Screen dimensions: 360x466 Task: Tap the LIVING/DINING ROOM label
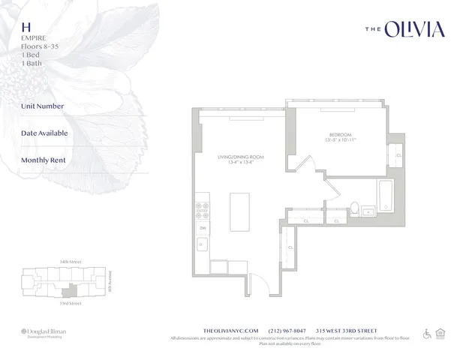(236, 157)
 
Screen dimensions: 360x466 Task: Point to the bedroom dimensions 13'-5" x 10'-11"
(341, 140)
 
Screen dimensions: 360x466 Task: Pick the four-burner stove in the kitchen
(202, 206)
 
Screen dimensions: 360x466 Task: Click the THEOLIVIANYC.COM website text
(231, 330)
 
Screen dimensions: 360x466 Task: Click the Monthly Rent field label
(44, 160)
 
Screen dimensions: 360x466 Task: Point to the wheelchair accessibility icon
(427, 333)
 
